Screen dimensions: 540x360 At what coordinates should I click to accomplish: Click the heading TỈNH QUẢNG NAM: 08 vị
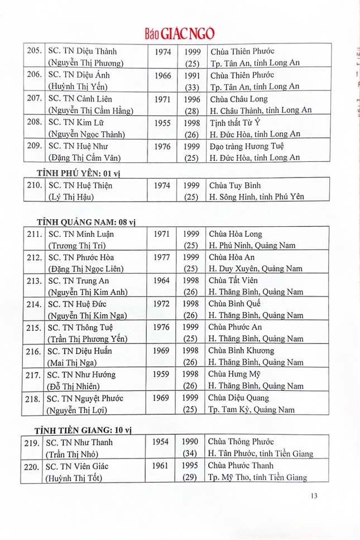pos(85,222)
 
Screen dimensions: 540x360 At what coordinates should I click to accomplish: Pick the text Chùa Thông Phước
pos(242,442)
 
